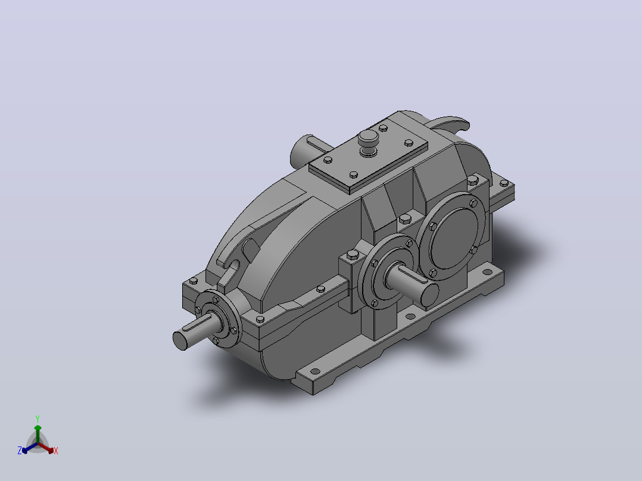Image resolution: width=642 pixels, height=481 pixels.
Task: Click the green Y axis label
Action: point(38,418)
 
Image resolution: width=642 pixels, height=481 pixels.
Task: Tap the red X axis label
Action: point(56,451)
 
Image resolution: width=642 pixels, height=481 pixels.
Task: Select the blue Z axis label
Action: point(19,450)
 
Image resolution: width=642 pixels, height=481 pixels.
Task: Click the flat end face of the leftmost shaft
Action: point(179,341)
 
